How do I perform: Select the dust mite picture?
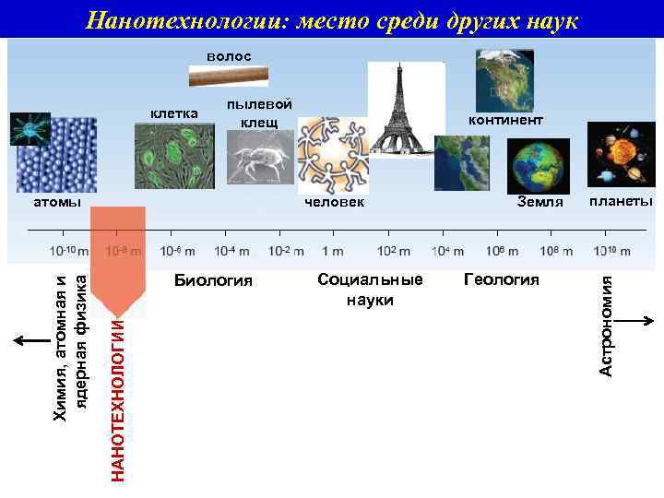(x=258, y=158)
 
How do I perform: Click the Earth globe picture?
(x=534, y=165)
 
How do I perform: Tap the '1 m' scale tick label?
(x=333, y=251)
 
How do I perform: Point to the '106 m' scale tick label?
(x=501, y=251)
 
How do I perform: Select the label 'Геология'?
(x=501, y=279)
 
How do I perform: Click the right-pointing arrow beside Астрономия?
(x=636, y=322)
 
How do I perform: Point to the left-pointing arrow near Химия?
(x=29, y=340)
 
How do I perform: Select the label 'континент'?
(x=505, y=120)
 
